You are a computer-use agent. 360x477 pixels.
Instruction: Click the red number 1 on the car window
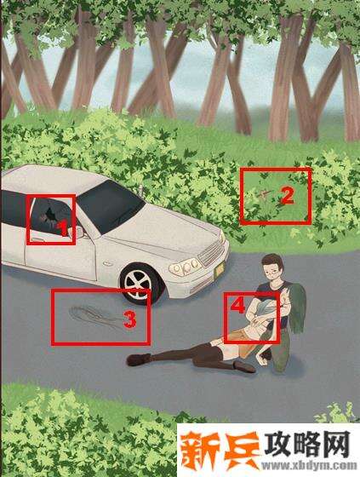tap(63, 228)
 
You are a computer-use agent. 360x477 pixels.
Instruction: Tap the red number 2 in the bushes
tap(287, 196)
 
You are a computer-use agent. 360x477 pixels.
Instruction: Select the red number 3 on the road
tap(130, 320)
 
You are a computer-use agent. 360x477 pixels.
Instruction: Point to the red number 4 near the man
tap(237, 305)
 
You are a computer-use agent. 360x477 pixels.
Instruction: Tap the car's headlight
tap(185, 267)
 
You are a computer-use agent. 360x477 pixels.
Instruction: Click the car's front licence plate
tap(220, 269)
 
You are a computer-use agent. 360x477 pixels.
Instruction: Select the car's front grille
tap(212, 253)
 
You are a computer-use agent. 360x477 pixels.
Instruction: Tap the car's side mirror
tap(78, 232)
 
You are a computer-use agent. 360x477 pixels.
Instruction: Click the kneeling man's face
tap(272, 271)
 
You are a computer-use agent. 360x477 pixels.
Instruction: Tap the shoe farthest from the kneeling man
tap(138, 359)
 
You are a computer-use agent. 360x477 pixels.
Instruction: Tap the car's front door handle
tap(38, 240)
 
